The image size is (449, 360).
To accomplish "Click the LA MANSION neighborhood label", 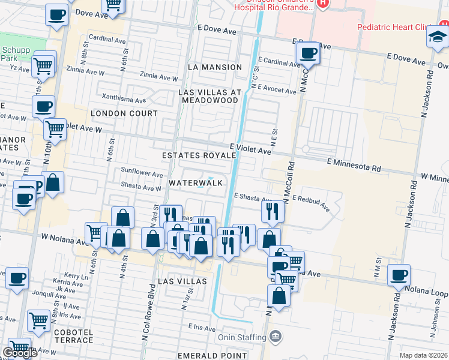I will (214, 67).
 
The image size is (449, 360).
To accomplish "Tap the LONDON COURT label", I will (124, 113).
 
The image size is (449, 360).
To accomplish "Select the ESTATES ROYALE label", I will (199, 155).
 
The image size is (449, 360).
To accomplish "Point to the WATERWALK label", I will (196, 182).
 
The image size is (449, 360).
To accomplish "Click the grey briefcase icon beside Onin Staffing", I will (276, 336).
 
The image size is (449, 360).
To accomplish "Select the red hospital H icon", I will (324, 4).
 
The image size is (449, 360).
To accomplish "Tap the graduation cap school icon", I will (436, 38).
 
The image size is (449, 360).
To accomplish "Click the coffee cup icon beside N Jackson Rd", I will (399, 275).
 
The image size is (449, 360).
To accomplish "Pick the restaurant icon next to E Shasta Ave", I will (273, 211).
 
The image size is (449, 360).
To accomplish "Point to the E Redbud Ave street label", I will (311, 203).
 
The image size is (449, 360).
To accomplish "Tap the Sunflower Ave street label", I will (142, 173).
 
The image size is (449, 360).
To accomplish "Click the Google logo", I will (20, 353).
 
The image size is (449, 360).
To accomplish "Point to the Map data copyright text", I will (423, 355).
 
